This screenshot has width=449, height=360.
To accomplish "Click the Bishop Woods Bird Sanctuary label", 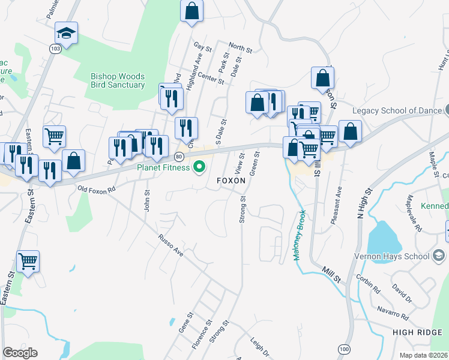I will (x=118, y=80).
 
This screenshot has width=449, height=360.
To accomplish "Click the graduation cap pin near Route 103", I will (x=67, y=34).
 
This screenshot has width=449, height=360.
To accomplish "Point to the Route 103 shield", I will (x=55, y=49).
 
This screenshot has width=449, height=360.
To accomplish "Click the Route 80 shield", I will (x=179, y=157).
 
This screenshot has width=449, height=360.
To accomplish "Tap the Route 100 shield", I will (x=343, y=349).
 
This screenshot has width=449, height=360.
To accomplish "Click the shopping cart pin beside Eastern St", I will (x=28, y=262).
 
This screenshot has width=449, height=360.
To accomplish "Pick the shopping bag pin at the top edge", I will (x=191, y=11).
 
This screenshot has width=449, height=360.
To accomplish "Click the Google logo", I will (x=20, y=353).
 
